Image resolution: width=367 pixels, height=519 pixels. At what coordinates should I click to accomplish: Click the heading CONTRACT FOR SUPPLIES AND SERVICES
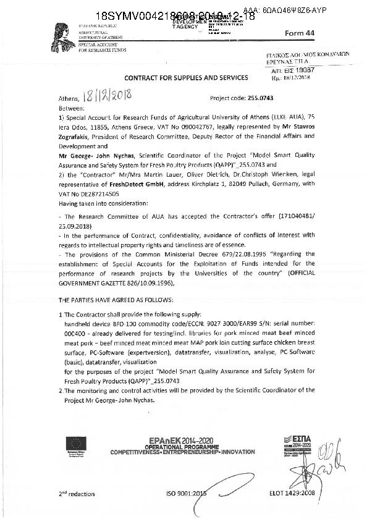(x=186, y=78)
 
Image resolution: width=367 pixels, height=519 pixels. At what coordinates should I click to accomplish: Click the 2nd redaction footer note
(x=78, y=494)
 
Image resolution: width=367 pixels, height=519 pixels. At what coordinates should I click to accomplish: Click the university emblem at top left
(x=63, y=34)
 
